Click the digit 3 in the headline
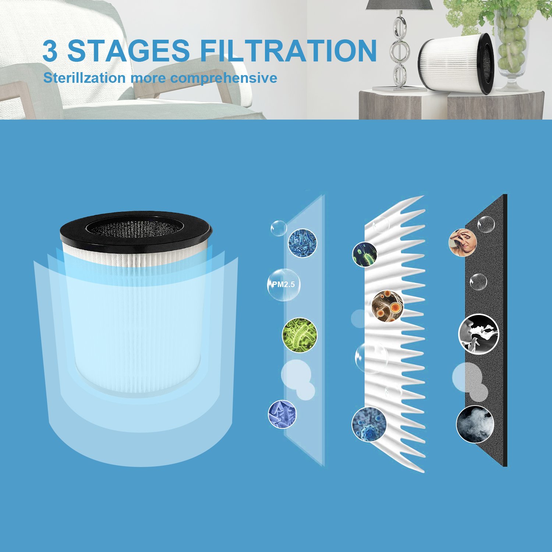pyautogui.click(x=50, y=51)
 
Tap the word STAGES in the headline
pyautogui.click(x=128, y=51)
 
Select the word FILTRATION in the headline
pyautogui.click(x=289, y=51)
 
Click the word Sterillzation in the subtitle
pyautogui.click(x=84, y=78)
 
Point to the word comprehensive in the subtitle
pyautogui.click(x=224, y=78)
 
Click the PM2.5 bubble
pyautogui.click(x=283, y=284)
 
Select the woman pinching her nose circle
pyautogui.click(x=463, y=242)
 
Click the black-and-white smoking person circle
pyautogui.click(x=478, y=334)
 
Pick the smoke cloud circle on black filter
pyautogui.click(x=475, y=424)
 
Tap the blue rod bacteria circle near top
pyautogui.click(x=302, y=243)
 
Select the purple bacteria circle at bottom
pyautogui.click(x=282, y=414)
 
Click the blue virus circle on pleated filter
pyautogui.click(x=369, y=424)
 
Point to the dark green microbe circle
pyautogui.click(x=364, y=254)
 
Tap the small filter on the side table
pyautogui.click(x=456, y=63)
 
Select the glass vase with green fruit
pyautogui.click(x=513, y=48)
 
